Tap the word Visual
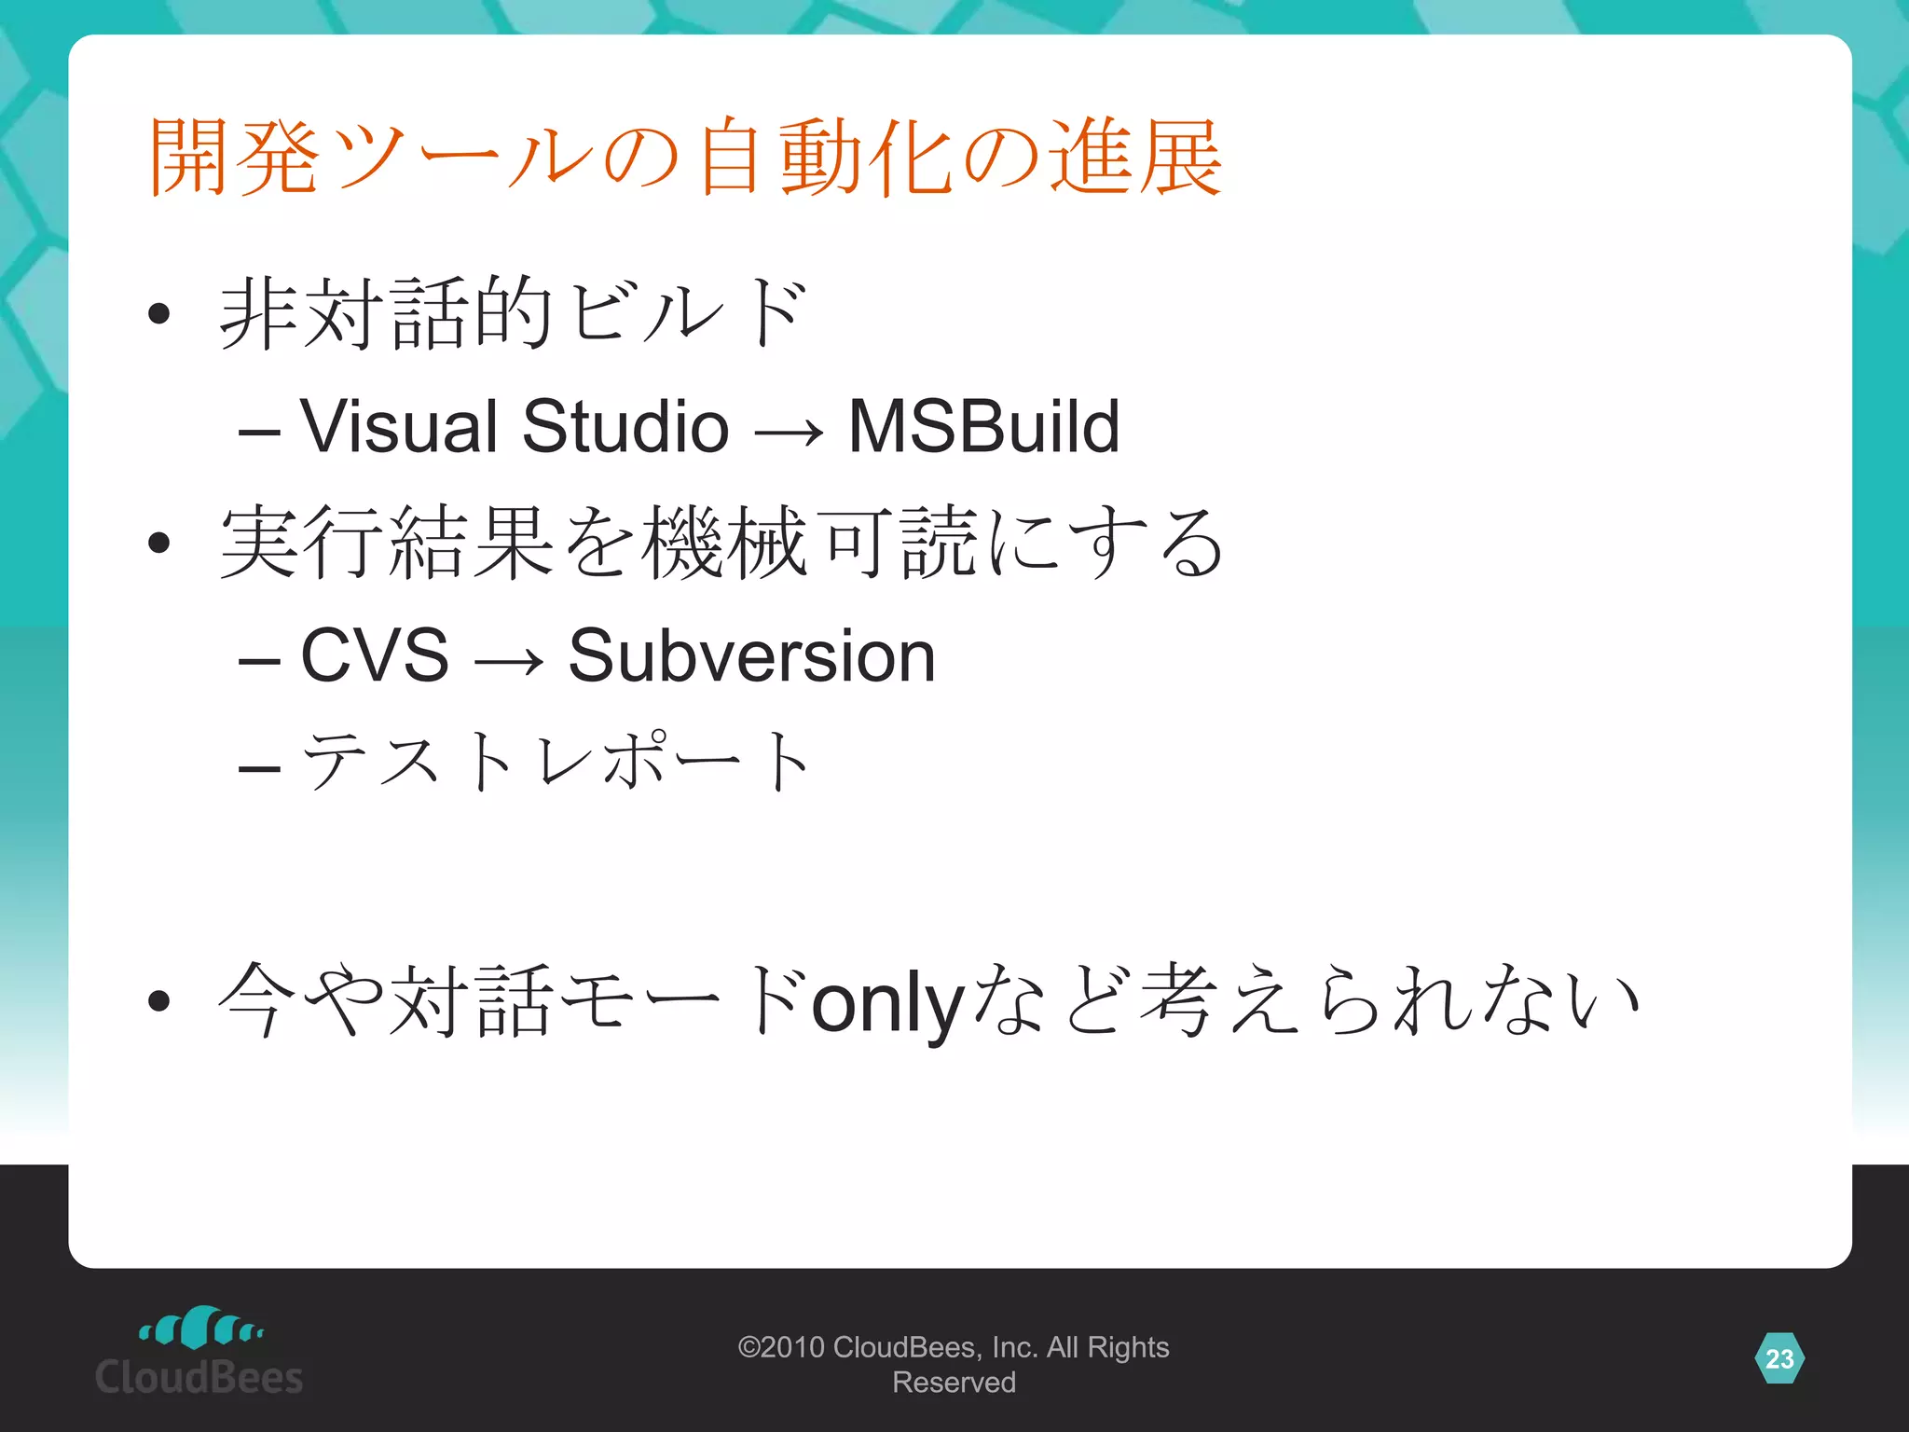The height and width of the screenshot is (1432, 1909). coord(399,426)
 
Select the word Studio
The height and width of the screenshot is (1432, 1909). coord(625,426)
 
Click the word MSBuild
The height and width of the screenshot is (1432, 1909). coord(983,426)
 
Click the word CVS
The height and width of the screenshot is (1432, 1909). coord(375,655)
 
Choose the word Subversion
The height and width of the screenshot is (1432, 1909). coord(751,655)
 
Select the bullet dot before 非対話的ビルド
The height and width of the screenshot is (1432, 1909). coord(159,313)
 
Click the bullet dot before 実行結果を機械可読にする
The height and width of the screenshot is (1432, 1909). coord(159,543)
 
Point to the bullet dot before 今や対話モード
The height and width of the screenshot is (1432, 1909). coord(159,1001)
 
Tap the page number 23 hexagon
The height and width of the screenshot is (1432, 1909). coord(1779,1358)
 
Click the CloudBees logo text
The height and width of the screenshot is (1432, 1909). coord(199,1377)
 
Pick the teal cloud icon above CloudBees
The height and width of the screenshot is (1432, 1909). coord(200,1327)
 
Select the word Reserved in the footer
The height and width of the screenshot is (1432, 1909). coord(954,1383)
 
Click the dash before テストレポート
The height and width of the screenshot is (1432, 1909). coord(259,768)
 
